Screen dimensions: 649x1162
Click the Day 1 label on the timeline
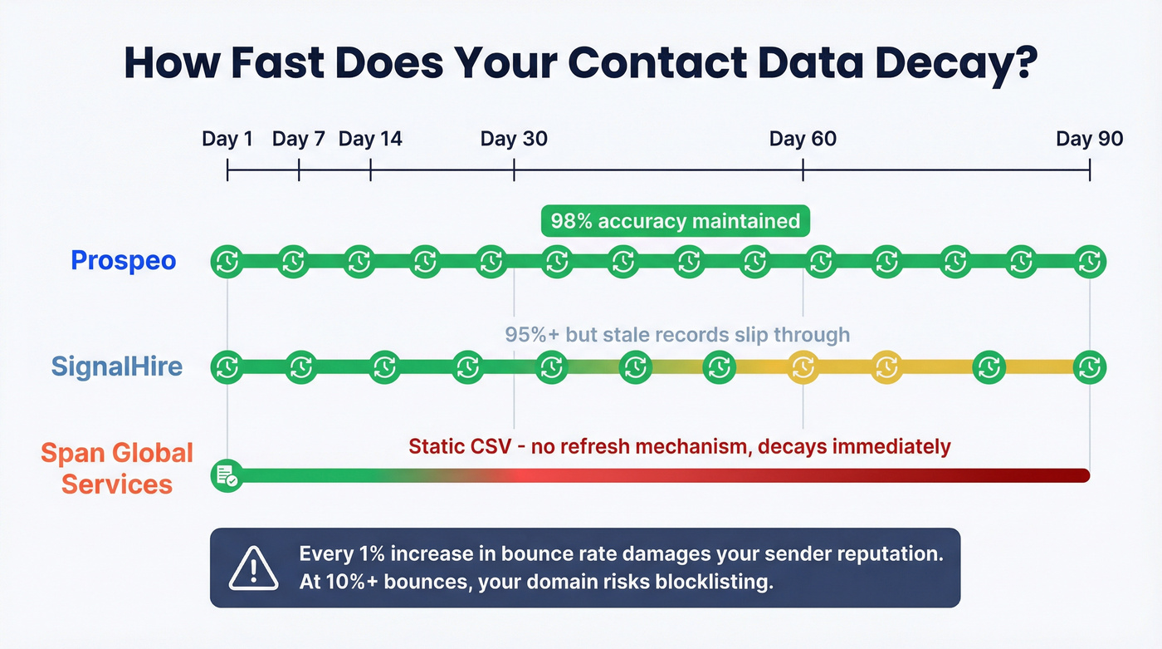(227, 138)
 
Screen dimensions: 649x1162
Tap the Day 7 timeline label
(298, 138)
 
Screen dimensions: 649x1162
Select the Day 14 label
(370, 138)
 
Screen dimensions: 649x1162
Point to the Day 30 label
(514, 138)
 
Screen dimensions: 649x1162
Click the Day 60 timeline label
(803, 138)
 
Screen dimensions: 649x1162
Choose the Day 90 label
(1089, 138)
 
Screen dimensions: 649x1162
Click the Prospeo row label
(124, 261)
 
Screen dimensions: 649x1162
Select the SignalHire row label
(117, 366)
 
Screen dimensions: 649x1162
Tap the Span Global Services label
(117, 469)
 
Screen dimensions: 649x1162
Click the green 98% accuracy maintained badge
(675, 221)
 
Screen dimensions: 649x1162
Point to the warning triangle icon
(254, 568)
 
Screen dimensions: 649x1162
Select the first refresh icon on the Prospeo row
(227, 262)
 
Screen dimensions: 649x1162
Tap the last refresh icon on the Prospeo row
(1089, 262)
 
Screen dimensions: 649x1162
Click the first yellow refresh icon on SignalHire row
(803, 366)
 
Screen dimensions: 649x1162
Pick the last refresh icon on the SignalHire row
(1089, 366)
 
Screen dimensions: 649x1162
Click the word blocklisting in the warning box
(714, 582)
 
